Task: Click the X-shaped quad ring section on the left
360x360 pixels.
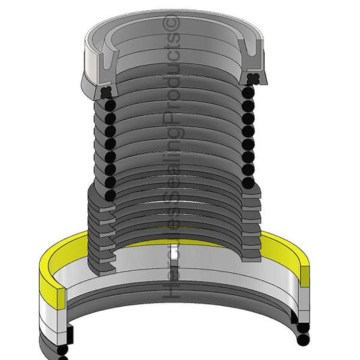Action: pos(107,93)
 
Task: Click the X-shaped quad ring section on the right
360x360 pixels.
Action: pos(253,79)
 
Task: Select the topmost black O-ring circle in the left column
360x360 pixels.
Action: pos(110,105)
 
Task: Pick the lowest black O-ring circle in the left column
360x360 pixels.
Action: pos(110,195)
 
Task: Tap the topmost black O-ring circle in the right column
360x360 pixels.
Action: pos(248,93)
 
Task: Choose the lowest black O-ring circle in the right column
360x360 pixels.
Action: pos(248,183)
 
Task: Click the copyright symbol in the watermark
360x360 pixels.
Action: pos(171,23)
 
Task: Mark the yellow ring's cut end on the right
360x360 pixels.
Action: pos(305,276)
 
